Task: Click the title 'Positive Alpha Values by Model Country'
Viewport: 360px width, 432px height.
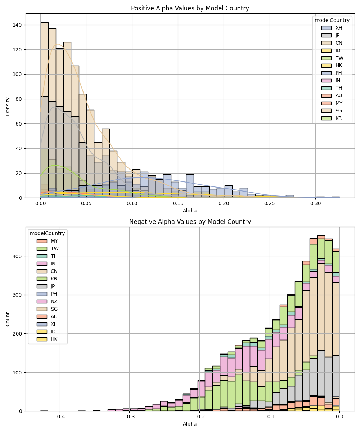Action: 190,8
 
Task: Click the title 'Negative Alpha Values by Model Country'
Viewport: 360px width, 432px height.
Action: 190,222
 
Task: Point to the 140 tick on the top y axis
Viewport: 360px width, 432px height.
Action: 19,25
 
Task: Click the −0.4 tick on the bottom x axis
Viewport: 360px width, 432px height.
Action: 59,417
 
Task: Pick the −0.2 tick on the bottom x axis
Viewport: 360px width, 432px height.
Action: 199,417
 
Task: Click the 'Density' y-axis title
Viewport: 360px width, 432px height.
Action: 8,106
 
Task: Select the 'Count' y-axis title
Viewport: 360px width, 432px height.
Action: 8,319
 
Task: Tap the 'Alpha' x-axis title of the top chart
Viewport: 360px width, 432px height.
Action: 190,211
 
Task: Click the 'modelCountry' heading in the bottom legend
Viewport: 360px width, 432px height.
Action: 48,233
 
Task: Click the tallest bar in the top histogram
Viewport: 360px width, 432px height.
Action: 44,108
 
